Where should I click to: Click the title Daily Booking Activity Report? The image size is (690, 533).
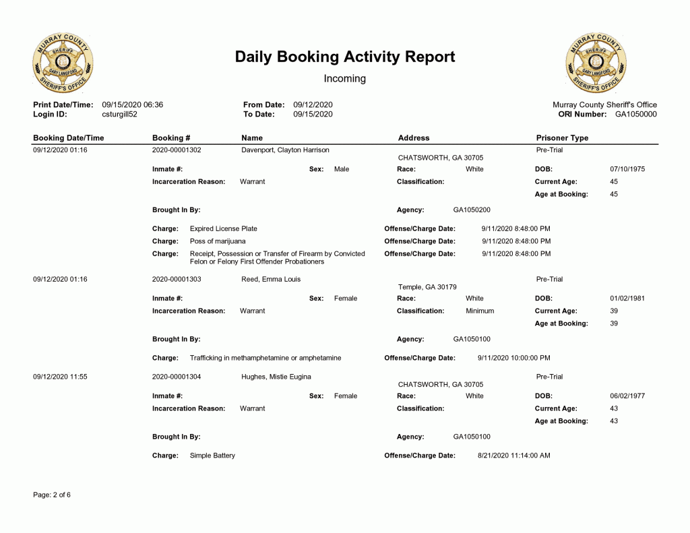pyautogui.click(x=345, y=57)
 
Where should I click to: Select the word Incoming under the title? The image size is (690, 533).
pyautogui.click(x=345, y=79)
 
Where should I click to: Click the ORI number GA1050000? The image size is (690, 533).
pyautogui.click(x=635, y=115)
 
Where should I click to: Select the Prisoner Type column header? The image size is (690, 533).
pyautogui.click(x=562, y=138)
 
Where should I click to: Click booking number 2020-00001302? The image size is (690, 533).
pyautogui.click(x=177, y=150)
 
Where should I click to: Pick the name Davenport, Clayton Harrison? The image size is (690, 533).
pyautogui.click(x=285, y=150)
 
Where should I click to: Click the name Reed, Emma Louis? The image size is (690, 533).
pyautogui.click(x=271, y=280)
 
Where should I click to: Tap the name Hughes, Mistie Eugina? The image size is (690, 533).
pyautogui.click(x=276, y=377)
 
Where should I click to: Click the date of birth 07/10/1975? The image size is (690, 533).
pyautogui.click(x=627, y=169)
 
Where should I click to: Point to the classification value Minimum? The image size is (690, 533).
pyautogui.click(x=480, y=311)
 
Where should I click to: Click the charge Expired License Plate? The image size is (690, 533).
pyautogui.click(x=224, y=229)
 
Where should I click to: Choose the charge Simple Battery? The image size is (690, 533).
pyautogui.click(x=213, y=456)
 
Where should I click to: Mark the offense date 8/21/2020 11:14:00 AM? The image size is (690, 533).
pyautogui.click(x=514, y=456)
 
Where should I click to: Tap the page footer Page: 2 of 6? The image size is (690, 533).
pyautogui.click(x=52, y=495)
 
